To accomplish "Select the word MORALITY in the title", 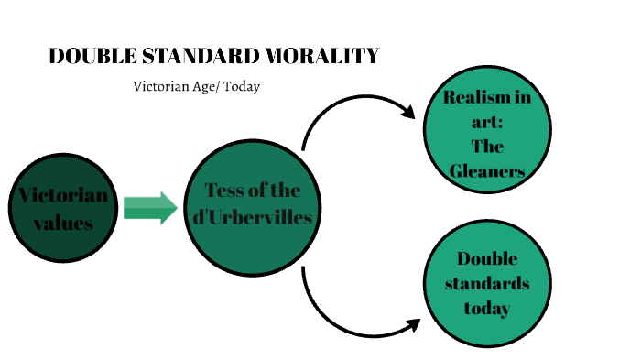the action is pyautogui.click(x=321, y=57).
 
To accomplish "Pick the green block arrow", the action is pyautogui.click(x=150, y=208).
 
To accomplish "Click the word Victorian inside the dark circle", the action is pyautogui.click(x=62, y=196).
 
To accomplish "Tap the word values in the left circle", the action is pyautogui.click(x=62, y=223).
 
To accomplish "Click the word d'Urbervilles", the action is pyautogui.click(x=248, y=218).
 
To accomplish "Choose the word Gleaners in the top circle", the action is pyautogui.click(x=487, y=170).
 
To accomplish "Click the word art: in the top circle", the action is pyautogui.click(x=487, y=122).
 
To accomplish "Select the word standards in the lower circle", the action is pyautogui.click(x=487, y=283).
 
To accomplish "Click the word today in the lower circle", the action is pyautogui.click(x=487, y=308).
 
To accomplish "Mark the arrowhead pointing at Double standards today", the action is pyautogui.click(x=411, y=325).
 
